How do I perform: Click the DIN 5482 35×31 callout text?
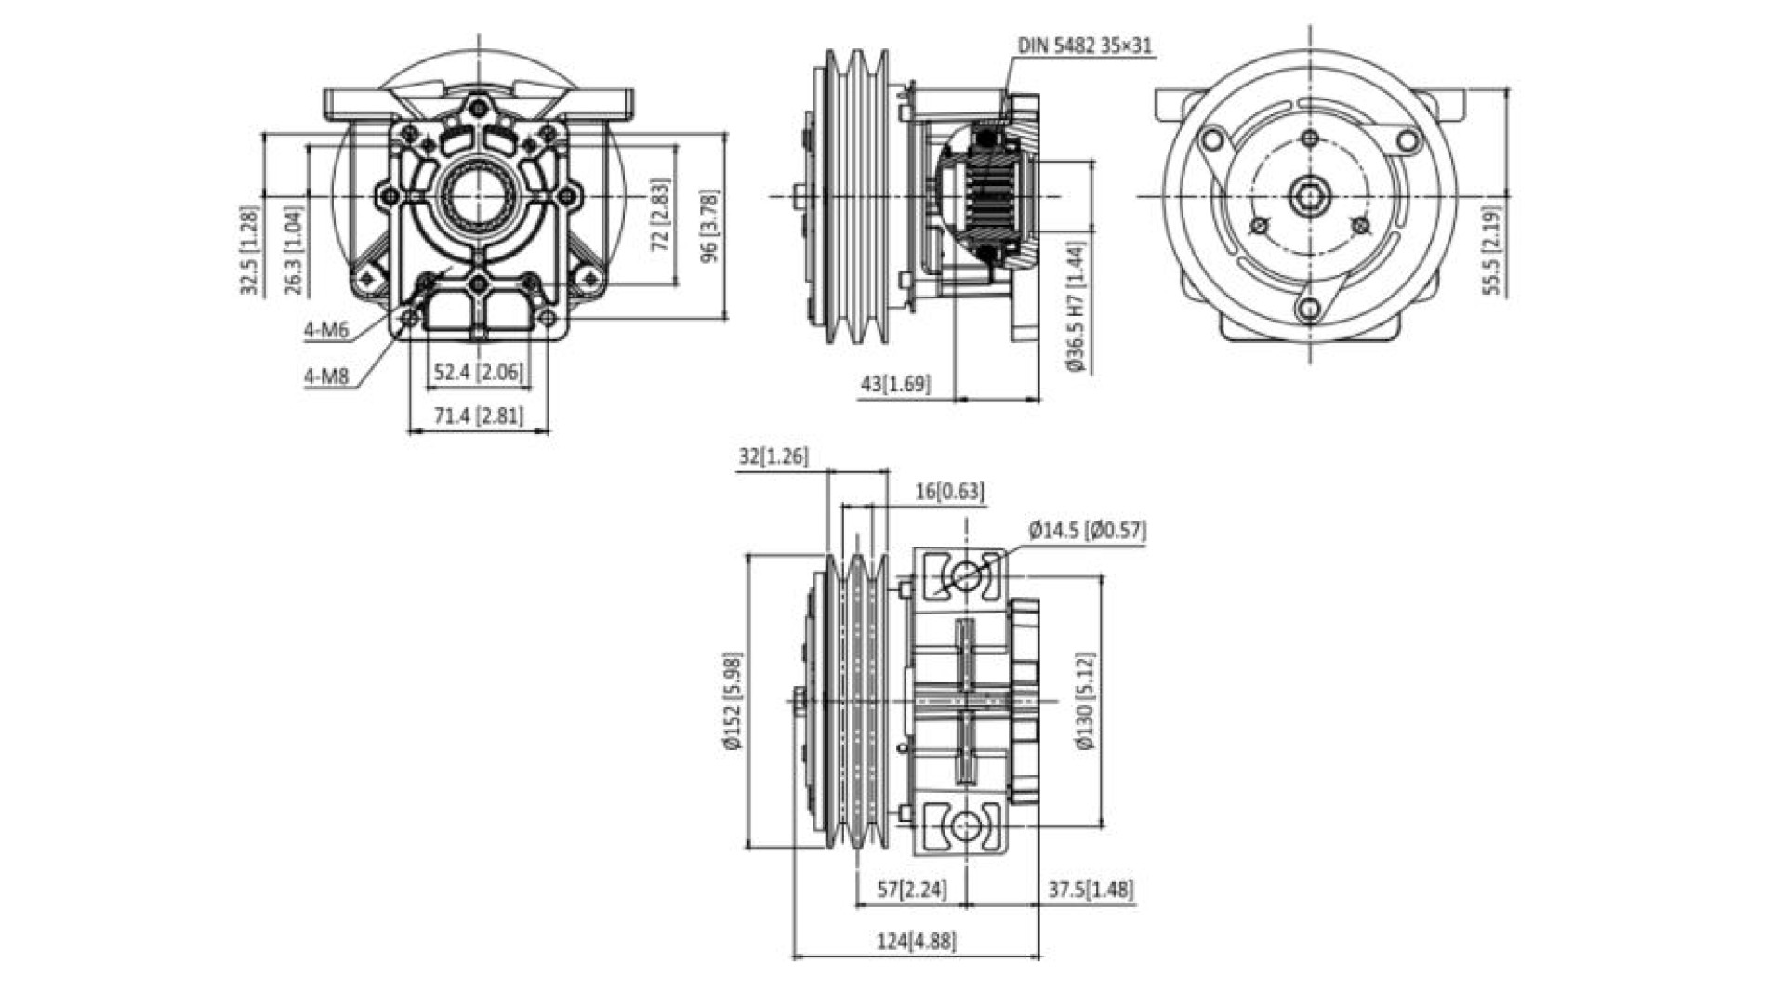tap(1085, 46)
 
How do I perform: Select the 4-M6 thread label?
tap(325, 330)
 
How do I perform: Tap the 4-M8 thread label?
tap(325, 376)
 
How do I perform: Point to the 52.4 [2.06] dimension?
tap(478, 373)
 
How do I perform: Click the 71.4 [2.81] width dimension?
tap(478, 415)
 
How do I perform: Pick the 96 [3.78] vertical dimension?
tap(709, 227)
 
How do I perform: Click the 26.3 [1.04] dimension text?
tap(294, 251)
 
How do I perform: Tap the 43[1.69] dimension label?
tap(894, 383)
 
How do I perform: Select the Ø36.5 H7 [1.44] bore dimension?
tap(1077, 307)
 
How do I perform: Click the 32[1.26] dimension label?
tap(773, 456)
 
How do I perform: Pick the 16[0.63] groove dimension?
tap(949, 491)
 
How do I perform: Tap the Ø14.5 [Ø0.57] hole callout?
tap(1087, 531)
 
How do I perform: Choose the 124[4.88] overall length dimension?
tap(916, 941)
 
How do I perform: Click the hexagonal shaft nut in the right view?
tap(1309, 197)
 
